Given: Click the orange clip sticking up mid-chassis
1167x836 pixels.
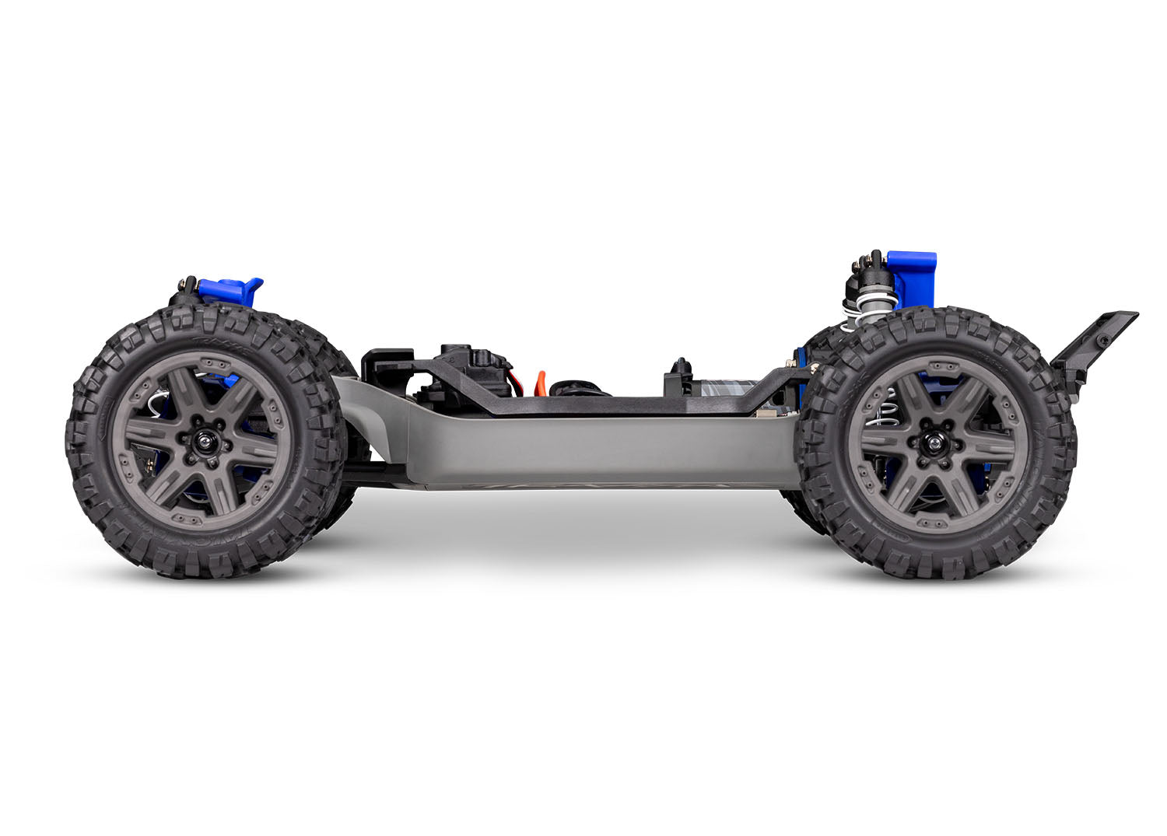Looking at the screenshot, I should pos(540,382).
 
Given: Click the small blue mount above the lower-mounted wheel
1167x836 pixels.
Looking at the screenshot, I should pos(230,291).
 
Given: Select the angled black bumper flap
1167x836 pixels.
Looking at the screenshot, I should pos(1093,342).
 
